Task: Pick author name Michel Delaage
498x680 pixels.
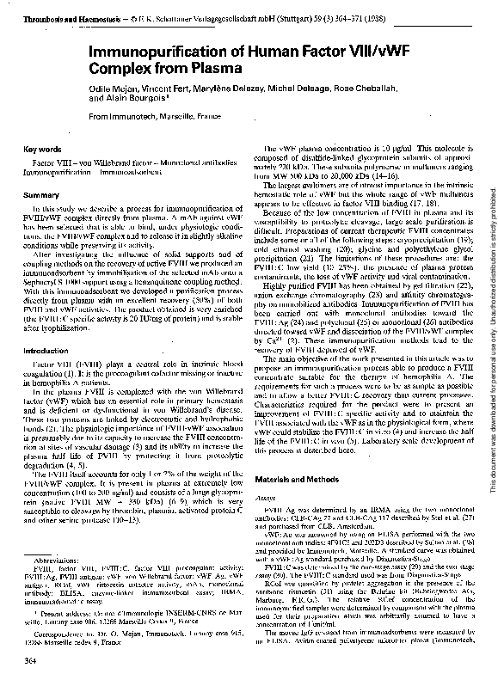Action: tap(297, 89)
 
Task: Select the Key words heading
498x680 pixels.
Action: tap(41, 149)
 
